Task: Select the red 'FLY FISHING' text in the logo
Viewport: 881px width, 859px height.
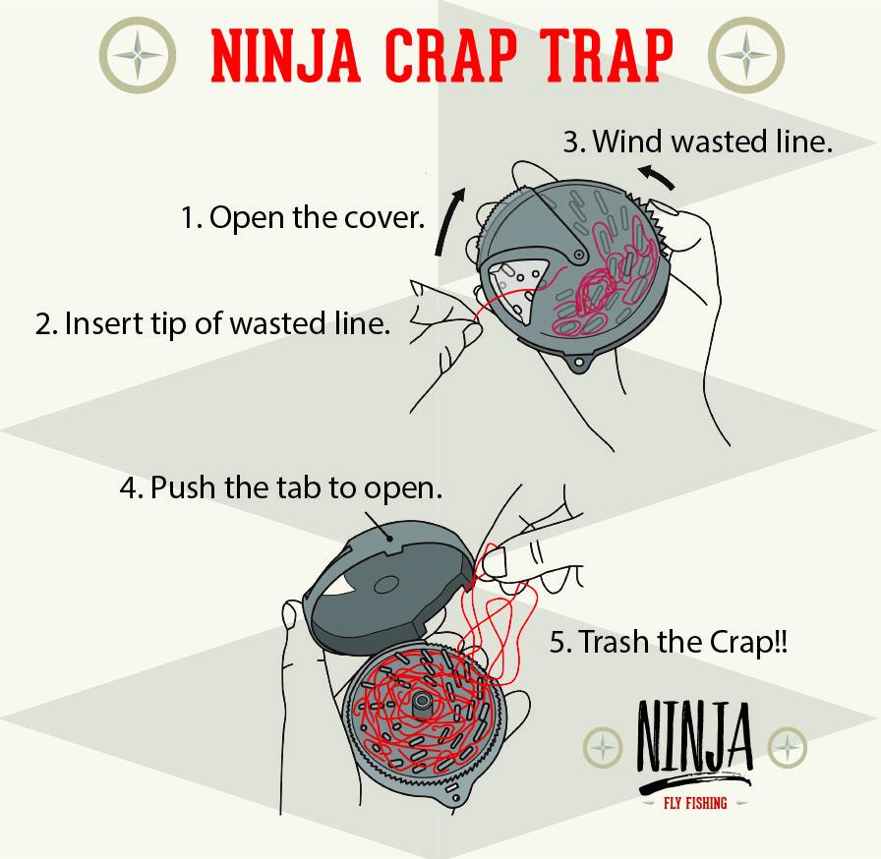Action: (693, 803)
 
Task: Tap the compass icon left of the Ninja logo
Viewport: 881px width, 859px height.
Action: (602, 747)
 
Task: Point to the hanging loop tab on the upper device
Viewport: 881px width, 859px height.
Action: (578, 365)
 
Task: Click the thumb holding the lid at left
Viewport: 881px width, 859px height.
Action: (291, 616)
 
